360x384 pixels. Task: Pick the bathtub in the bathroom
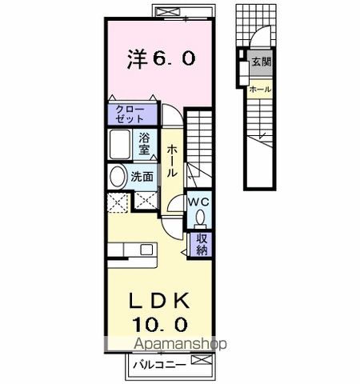pyautogui.click(x=122, y=145)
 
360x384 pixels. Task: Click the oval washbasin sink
pyautogui.click(x=117, y=176)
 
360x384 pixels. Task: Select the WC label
pyautogui.click(x=198, y=203)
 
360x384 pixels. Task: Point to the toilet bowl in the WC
pyautogui.click(x=199, y=217)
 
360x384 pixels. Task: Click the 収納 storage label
pyautogui.click(x=202, y=243)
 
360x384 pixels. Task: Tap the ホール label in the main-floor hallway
pyautogui.click(x=172, y=161)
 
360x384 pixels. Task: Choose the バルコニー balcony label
pyautogui.click(x=166, y=364)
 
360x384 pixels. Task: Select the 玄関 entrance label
pyautogui.click(x=261, y=62)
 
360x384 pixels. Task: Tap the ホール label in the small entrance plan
pyautogui.click(x=260, y=89)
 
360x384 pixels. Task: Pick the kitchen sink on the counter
pyautogui.click(x=146, y=250)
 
